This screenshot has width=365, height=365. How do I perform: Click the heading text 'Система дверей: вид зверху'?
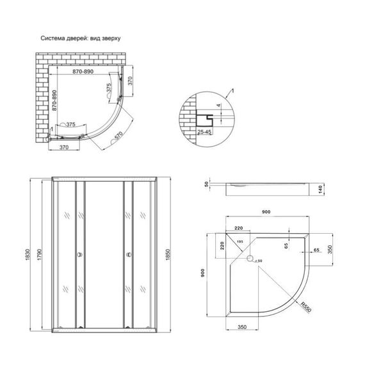pyautogui.click(x=81, y=38)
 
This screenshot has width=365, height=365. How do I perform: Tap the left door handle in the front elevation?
pyautogui.click(x=79, y=256)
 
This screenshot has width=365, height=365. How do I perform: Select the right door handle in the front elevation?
pyautogui.click(x=130, y=256)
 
